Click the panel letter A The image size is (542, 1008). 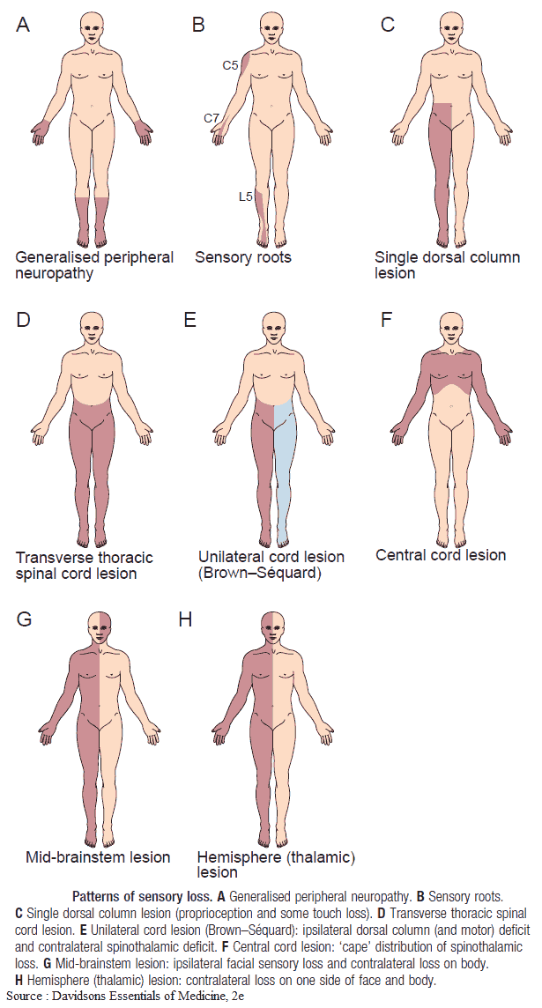[23, 25]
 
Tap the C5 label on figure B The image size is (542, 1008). [230, 65]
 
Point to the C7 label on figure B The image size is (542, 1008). [212, 117]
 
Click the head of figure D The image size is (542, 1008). [92, 330]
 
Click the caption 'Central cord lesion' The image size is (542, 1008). [441, 555]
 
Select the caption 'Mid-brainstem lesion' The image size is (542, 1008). [98, 856]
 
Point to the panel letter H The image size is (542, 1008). [185, 619]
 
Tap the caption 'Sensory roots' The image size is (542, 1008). [243, 257]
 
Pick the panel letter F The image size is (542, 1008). [386, 319]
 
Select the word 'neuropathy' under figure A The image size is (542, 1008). [55, 273]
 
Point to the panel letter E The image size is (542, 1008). [189, 319]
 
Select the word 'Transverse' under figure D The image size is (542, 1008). [53, 558]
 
